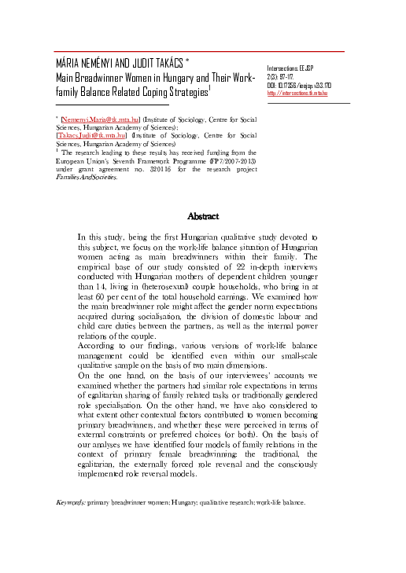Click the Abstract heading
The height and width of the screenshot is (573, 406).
coord(203,215)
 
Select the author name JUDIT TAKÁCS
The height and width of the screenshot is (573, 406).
coord(163,62)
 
